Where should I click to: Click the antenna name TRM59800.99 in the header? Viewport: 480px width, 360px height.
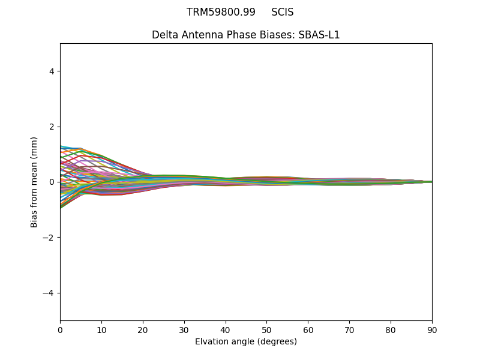221,12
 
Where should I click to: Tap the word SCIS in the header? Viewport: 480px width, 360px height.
283,12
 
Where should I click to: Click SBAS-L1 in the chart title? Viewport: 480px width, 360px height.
319,35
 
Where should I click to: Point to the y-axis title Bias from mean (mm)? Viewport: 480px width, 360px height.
34,182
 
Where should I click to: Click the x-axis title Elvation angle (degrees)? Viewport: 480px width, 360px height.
246,341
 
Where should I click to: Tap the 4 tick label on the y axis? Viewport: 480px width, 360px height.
52,71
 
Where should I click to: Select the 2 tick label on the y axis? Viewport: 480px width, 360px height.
52,127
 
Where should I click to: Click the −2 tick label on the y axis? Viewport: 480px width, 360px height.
49,238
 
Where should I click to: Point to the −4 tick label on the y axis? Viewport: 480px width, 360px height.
49,293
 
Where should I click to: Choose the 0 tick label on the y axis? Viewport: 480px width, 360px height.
52,182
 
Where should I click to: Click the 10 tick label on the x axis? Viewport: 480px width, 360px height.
101,329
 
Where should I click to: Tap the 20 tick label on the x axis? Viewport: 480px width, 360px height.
143,329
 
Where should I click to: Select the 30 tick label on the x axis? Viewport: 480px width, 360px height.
184,329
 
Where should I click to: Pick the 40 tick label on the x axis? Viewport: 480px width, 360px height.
226,329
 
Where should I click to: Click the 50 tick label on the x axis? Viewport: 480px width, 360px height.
266,329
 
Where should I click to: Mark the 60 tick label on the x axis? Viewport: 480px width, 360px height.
308,329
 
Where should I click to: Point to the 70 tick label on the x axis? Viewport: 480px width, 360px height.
349,329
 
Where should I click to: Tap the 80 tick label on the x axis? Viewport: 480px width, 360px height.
391,329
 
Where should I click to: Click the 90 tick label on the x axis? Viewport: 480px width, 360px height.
432,329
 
